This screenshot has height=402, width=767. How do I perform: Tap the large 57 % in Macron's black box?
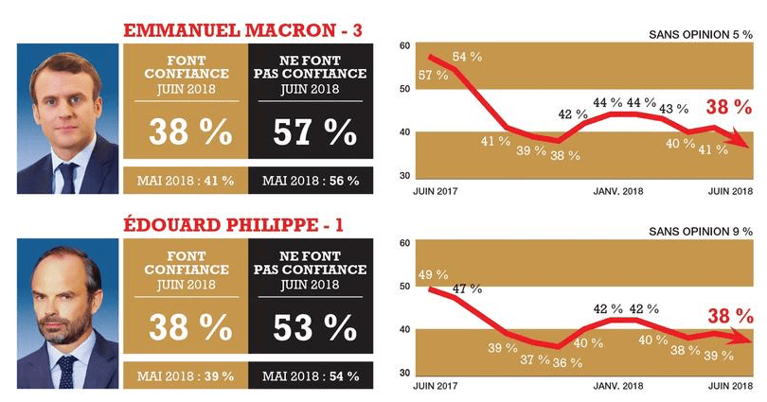pyautogui.click(x=310, y=132)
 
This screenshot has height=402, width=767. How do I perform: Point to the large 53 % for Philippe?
pyautogui.click(x=310, y=327)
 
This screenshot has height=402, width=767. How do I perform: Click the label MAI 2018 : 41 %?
pyautogui.click(x=185, y=181)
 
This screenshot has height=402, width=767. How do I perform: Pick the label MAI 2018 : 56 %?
pyautogui.click(x=310, y=181)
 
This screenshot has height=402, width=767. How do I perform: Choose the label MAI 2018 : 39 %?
pyautogui.click(x=185, y=376)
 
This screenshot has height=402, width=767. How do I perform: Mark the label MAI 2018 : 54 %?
pyautogui.click(x=310, y=376)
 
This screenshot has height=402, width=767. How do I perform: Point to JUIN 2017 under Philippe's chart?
pyautogui.click(x=436, y=387)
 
